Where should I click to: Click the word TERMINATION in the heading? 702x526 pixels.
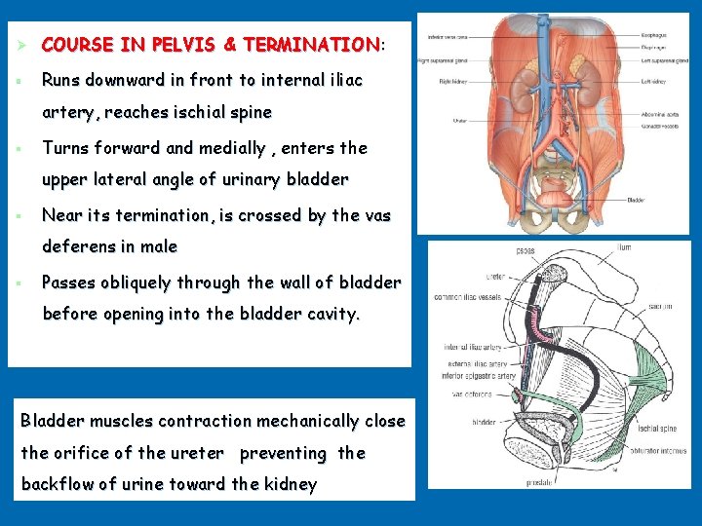311,45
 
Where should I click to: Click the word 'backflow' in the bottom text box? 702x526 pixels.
58,484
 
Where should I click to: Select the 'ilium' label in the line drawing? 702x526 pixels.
624,248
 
